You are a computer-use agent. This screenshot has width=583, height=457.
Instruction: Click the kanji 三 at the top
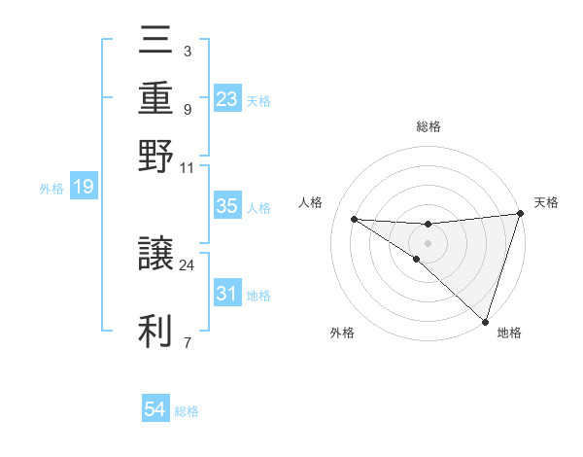(x=155, y=44)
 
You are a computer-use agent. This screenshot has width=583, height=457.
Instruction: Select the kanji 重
(x=155, y=98)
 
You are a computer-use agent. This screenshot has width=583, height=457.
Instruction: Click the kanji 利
(x=155, y=330)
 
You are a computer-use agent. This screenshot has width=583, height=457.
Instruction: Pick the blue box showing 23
(x=226, y=98)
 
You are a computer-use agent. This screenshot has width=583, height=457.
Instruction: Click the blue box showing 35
(x=226, y=206)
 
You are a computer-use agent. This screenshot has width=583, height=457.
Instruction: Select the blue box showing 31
(x=226, y=293)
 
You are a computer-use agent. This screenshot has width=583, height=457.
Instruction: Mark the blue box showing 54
(x=155, y=410)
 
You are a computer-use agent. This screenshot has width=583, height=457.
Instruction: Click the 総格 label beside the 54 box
(x=187, y=411)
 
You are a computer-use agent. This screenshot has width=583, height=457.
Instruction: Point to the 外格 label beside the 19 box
(x=51, y=189)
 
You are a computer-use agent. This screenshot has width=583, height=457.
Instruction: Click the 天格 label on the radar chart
(x=546, y=202)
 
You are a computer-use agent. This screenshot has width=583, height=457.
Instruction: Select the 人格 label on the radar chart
(x=311, y=202)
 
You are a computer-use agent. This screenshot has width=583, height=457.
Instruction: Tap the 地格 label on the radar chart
(x=509, y=334)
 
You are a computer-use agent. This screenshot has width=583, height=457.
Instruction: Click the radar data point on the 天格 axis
(x=520, y=215)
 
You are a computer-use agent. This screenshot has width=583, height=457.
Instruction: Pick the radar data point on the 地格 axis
(x=487, y=321)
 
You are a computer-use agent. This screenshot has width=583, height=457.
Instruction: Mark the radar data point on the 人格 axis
(x=354, y=219)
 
